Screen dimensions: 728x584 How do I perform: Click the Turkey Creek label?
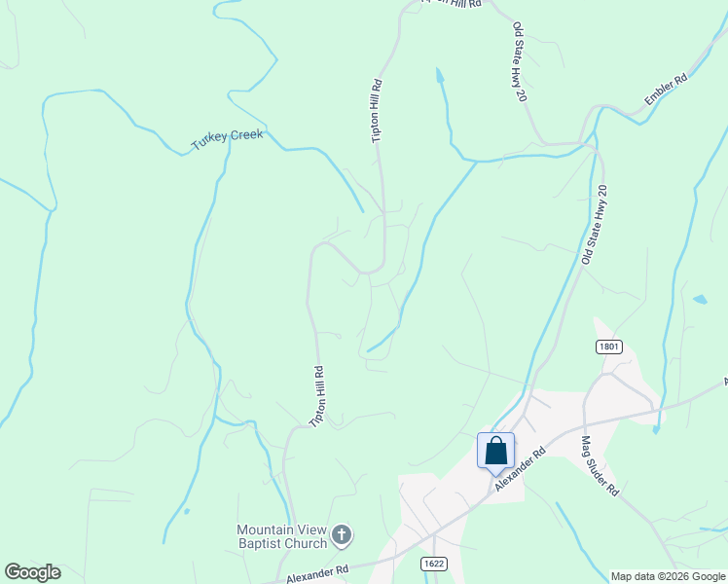tap(227, 140)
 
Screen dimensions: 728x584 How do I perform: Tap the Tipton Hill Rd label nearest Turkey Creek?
tap(377, 111)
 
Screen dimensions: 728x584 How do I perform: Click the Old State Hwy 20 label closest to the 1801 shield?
tap(594, 225)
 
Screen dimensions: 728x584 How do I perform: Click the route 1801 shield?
tap(608, 347)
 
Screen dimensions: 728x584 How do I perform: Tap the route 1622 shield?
tap(435, 564)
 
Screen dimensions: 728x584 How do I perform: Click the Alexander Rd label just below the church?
tap(317, 573)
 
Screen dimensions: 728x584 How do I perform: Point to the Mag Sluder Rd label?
tap(600, 466)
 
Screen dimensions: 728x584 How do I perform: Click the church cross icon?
tap(342, 534)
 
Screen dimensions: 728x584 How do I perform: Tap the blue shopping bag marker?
tap(495, 452)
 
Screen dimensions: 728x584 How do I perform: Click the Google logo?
tap(32, 571)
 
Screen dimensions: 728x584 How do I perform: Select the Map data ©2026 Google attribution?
tap(668, 576)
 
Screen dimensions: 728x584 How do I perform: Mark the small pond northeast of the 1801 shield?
tap(701, 299)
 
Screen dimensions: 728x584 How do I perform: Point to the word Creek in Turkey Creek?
tap(246, 136)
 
